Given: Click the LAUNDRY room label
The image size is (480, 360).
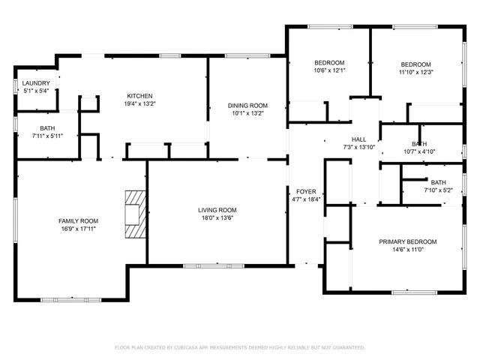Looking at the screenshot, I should click(36, 83).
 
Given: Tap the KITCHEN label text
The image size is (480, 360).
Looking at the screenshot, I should click(139, 96).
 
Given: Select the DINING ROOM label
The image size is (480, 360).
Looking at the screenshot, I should click(247, 106).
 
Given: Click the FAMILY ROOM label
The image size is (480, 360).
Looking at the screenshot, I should click(79, 220).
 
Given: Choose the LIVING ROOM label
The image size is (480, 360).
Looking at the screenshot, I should click(217, 210).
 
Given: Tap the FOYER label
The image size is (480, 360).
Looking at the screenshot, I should click(306, 191).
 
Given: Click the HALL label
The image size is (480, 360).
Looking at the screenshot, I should click(358, 139).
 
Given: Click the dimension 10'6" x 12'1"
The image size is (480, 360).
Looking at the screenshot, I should click(329, 70).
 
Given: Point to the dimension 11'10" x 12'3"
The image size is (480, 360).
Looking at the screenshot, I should click(415, 72).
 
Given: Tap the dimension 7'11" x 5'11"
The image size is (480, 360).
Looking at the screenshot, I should click(47, 136).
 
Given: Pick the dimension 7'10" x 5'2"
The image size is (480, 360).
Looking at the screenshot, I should click(438, 190).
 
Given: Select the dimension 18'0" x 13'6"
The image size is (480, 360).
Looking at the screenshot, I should click(217, 218).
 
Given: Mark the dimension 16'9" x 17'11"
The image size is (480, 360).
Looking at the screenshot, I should click(79, 229).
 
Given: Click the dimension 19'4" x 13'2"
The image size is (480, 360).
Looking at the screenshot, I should click(139, 104).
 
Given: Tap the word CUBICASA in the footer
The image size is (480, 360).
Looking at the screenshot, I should click(189, 348).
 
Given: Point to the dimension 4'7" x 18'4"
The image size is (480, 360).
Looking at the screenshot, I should click(306, 199).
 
